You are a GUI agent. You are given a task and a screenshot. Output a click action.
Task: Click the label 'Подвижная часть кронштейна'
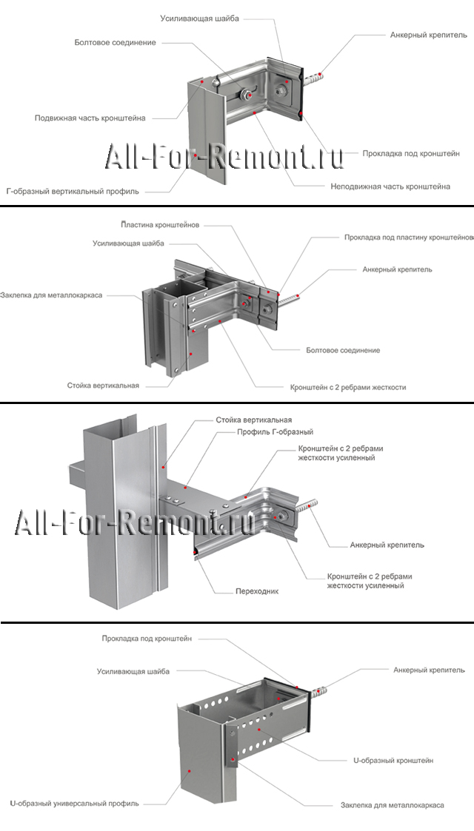[x=90, y=118]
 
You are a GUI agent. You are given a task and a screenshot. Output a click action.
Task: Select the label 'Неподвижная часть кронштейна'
[x=390, y=186]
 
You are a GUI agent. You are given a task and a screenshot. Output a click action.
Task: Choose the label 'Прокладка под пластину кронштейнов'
[x=409, y=238]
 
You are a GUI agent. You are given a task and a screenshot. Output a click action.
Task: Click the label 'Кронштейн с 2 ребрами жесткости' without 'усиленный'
[x=347, y=387]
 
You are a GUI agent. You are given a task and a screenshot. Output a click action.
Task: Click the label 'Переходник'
[x=257, y=591]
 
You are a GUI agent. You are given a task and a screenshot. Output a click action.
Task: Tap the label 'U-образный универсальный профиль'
[x=74, y=803]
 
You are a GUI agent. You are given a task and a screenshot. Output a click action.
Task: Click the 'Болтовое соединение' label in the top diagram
[x=115, y=43]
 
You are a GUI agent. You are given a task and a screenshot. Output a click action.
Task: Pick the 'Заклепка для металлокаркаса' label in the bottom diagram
[x=392, y=804]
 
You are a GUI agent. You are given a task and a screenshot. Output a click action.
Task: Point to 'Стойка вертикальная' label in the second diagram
[x=103, y=386]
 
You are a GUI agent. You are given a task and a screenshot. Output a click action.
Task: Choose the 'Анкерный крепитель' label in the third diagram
[x=387, y=545]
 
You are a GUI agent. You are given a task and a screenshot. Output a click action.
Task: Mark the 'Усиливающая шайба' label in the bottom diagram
[x=133, y=672]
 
